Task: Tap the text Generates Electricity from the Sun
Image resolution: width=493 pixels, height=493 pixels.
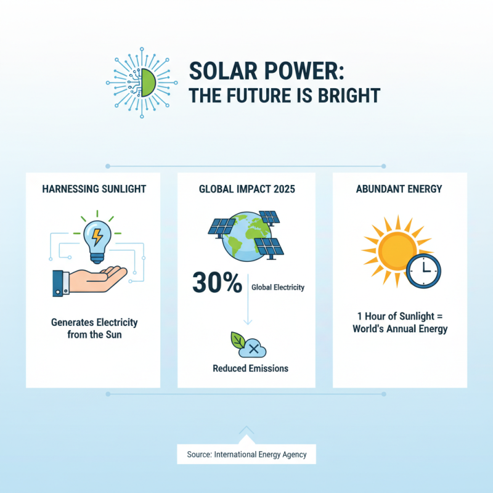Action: click(94, 328)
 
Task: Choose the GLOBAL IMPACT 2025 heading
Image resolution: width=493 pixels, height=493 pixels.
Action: click(246, 189)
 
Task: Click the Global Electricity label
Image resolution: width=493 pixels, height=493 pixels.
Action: click(278, 287)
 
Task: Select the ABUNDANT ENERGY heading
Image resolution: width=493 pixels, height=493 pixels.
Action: click(399, 189)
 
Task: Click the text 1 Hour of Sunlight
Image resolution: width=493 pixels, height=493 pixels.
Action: click(400, 317)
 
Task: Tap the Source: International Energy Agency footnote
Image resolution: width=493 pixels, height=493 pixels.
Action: click(246, 455)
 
